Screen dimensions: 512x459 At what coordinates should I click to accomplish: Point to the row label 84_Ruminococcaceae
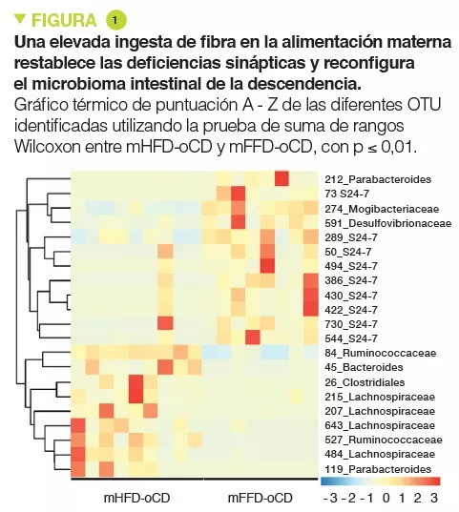pyautogui.click(x=379, y=353)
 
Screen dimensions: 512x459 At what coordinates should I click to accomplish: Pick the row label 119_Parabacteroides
pyautogui.click(x=379, y=469)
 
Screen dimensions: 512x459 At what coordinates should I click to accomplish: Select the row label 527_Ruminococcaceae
pyautogui.click(x=383, y=440)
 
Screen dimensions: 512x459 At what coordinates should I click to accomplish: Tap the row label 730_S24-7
pyautogui.click(x=350, y=324)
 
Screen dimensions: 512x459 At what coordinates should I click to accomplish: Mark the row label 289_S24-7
pyautogui.click(x=350, y=237)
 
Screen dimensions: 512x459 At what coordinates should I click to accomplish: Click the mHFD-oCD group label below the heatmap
pyautogui.click(x=136, y=498)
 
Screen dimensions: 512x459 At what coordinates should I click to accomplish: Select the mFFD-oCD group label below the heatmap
pyautogui.click(x=260, y=498)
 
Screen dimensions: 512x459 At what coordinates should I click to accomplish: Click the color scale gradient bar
pyautogui.click(x=380, y=481)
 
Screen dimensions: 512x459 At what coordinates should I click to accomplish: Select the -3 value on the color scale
pyautogui.click(x=329, y=498)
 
